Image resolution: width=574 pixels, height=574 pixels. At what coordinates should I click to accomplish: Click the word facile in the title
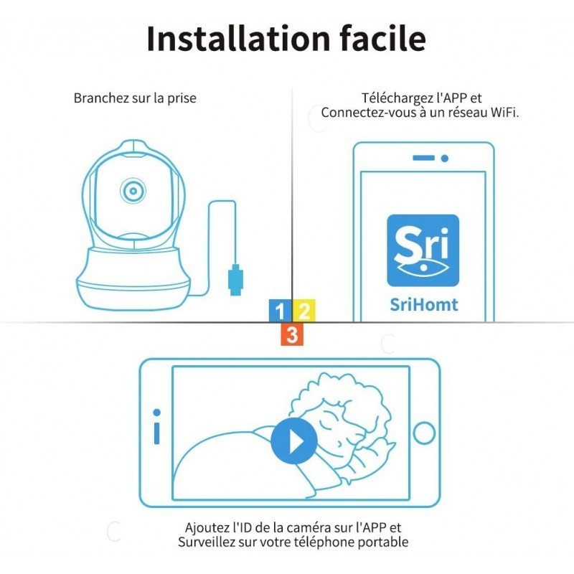point(383,38)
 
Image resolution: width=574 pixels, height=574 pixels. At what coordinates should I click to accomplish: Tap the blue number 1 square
point(281,311)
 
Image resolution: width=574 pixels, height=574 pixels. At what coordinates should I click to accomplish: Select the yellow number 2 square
point(304,311)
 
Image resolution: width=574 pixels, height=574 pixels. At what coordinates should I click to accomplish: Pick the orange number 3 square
point(292,334)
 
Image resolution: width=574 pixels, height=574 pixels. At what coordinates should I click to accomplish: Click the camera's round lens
point(133,191)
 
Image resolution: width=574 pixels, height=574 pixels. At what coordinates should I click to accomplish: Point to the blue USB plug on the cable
point(236,280)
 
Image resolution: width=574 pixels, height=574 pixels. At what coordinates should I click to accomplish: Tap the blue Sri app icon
point(423,250)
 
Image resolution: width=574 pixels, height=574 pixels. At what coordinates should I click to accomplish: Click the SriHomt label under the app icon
point(423,304)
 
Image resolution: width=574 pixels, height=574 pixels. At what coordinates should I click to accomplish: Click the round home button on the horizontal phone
point(424,433)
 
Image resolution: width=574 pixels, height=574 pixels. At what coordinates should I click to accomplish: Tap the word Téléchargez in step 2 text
point(397,98)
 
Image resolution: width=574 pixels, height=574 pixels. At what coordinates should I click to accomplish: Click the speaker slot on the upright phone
point(423,158)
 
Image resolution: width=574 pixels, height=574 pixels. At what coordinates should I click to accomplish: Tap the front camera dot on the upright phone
point(445,159)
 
